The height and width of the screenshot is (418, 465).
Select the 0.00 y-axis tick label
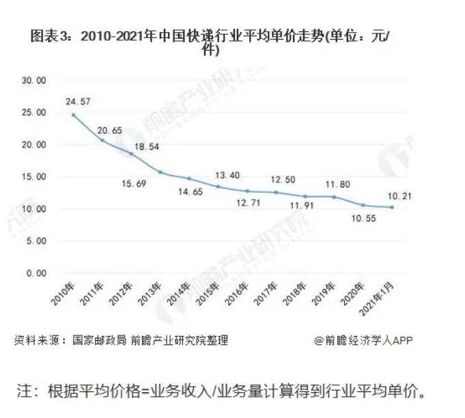(x=36, y=273)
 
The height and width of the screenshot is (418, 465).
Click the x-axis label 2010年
(x=62, y=295)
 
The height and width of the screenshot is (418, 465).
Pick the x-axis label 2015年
(x=208, y=295)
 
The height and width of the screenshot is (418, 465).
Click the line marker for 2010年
(x=73, y=115)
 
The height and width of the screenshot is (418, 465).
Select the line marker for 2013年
(x=160, y=172)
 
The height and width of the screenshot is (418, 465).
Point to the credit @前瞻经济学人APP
(x=363, y=340)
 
